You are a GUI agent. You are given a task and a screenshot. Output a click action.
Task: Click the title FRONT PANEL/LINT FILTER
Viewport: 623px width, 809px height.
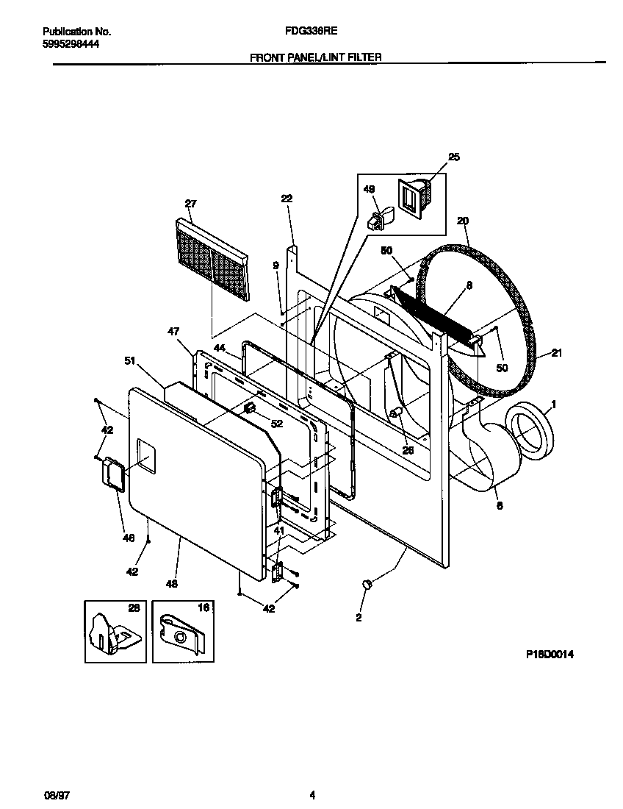pyautogui.click(x=316, y=57)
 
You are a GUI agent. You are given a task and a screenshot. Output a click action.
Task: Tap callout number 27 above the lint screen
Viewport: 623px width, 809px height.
pyautogui.click(x=190, y=203)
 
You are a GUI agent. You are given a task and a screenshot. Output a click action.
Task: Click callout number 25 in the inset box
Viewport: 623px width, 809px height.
pyautogui.click(x=453, y=157)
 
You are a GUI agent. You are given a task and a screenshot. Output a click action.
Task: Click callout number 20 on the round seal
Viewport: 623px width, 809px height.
pyautogui.click(x=462, y=221)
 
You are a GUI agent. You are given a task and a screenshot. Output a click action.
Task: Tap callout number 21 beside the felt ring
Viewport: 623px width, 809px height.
pyautogui.click(x=556, y=354)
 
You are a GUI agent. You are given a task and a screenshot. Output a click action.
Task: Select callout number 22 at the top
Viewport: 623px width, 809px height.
pyautogui.click(x=287, y=198)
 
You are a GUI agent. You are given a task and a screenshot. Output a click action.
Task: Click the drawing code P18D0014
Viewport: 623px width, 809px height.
pyautogui.click(x=549, y=653)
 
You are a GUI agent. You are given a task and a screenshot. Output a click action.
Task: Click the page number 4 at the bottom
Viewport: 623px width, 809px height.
pyautogui.click(x=312, y=794)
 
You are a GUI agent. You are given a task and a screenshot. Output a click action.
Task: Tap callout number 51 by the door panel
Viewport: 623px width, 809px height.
pyautogui.click(x=130, y=360)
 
